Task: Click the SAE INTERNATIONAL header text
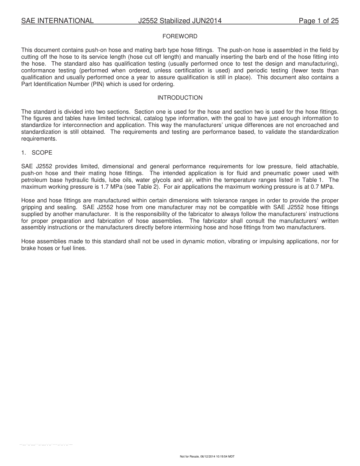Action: pyautogui.click(x=57, y=21)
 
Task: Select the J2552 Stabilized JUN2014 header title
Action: pyautogui.click(x=180, y=21)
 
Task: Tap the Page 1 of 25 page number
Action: pyautogui.click(x=318, y=21)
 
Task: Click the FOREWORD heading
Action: pyautogui.click(x=180, y=36)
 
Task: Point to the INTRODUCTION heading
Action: pyautogui.click(x=180, y=98)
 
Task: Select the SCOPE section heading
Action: pyautogui.click(x=42, y=153)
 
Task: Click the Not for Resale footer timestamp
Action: pyautogui.click(x=207, y=457)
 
